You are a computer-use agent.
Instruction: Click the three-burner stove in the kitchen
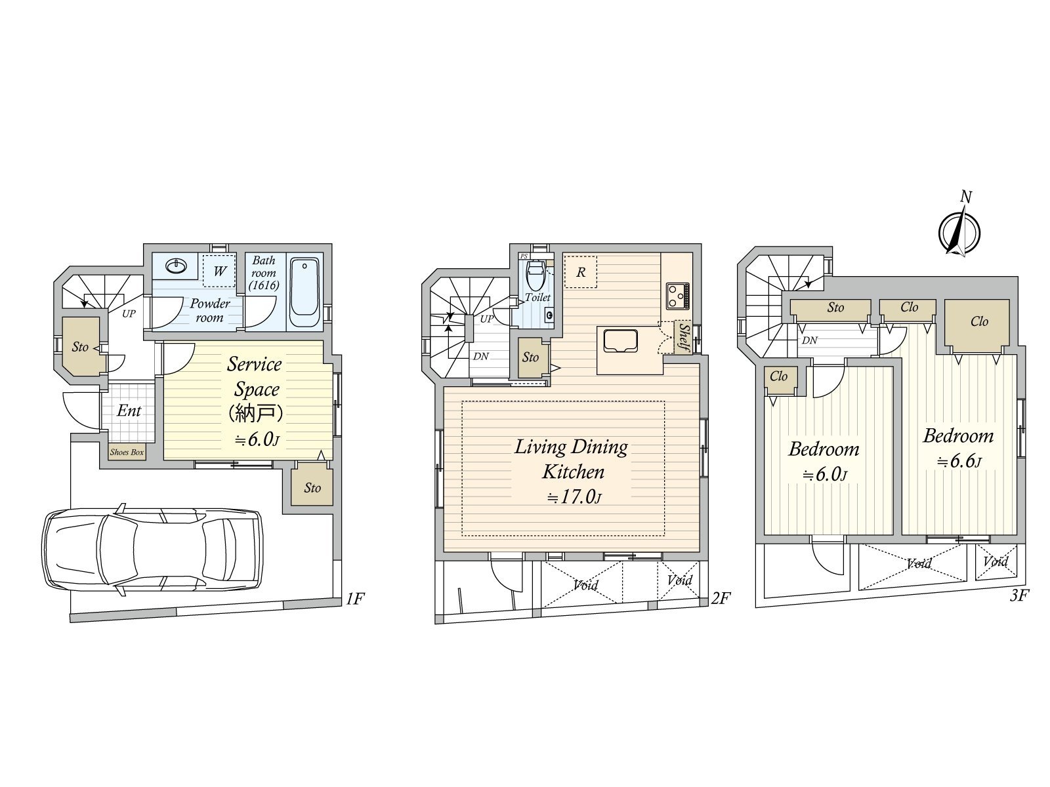click(x=677, y=295)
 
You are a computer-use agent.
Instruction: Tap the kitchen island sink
click(x=618, y=342)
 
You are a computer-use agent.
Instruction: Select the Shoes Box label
click(x=127, y=452)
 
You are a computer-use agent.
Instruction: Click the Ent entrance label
click(x=129, y=411)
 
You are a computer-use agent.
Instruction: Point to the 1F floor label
click(x=354, y=598)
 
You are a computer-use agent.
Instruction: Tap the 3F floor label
click(x=1020, y=595)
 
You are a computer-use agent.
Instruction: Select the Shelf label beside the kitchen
click(x=683, y=337)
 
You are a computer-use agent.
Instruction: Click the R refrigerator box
click(x=581, y=272)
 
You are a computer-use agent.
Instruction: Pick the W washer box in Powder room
click(x=219, y=271)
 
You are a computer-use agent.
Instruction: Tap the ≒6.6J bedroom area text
click(x=959, y=462)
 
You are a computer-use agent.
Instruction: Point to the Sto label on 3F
click(x=835, y=308)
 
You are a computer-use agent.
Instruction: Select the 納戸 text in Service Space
click(x=255, y=413)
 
